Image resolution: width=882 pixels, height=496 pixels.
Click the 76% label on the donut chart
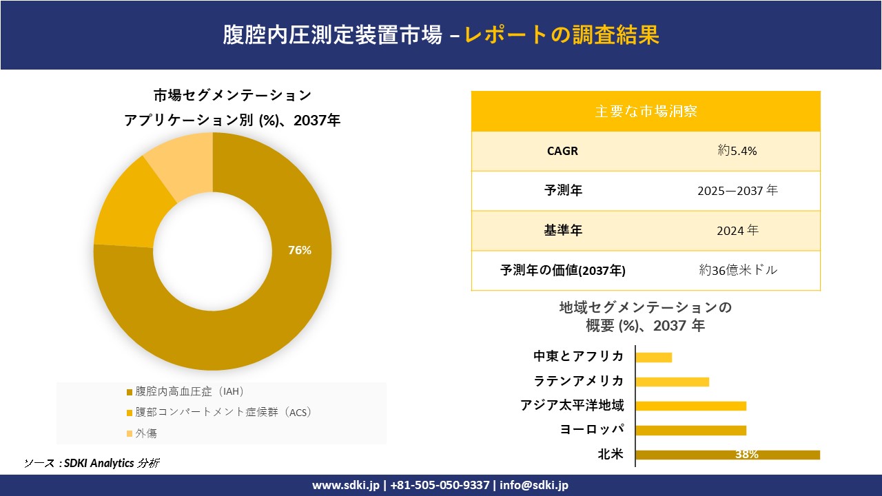point(300,251)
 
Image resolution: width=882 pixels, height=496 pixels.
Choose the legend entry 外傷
point(146,433)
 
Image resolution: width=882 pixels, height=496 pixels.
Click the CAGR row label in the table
point(562,151)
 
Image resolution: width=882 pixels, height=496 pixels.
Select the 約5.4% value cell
point(737,151)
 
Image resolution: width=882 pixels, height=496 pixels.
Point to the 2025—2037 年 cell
point(737,191)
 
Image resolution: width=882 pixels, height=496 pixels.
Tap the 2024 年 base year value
point(737,231)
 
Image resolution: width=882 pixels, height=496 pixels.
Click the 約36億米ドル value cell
point(737,271)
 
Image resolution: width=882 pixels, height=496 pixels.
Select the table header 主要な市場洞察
point(646,111)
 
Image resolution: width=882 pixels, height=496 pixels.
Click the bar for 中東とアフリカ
point(653,357)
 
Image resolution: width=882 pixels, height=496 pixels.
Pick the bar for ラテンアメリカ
point(672,382)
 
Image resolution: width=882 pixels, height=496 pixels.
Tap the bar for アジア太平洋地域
point(690,406)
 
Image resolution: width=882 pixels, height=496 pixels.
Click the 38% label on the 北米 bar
point(746,455)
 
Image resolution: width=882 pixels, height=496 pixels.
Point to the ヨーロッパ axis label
point(592,430)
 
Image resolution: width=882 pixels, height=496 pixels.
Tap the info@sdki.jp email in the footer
point(534,485)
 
